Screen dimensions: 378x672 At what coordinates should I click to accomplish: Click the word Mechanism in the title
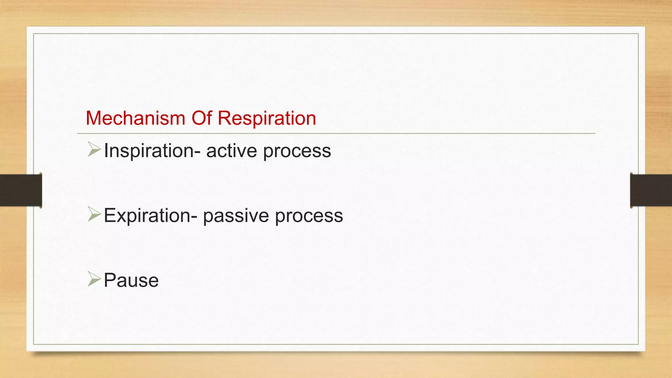pyautogui.click(x=135, y=118)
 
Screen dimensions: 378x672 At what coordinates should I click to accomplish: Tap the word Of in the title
pyautogui.click(x=201, y=118)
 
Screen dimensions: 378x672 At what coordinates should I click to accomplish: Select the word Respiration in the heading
pyautogui.click(x=266, y=118)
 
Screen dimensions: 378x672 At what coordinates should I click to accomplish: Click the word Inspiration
pyautogui.click(x=149, y=151)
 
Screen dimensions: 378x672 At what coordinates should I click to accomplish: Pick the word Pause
pyautogui.click(x=131, y=281)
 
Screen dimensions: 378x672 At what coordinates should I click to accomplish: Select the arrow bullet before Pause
pyautogui.click(x=94, y=279)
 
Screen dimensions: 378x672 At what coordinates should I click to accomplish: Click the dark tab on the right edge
pyautogui.click(x=651, y=190)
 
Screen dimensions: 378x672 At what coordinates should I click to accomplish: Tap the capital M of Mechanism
pyautogui.click(x=93, y=118)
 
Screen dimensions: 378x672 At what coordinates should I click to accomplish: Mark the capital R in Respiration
pyautogui.click(x=225, y=118)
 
